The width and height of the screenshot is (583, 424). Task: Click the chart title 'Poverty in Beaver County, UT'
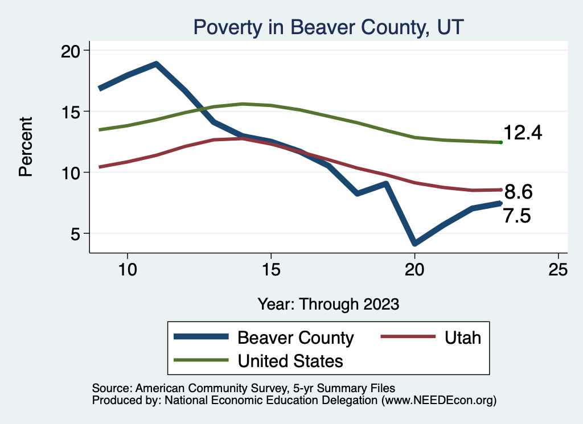tap(329, 27)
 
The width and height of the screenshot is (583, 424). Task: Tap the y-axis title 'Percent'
tap(26, 147)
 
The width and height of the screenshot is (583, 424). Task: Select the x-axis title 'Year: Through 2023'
tap(329, 303)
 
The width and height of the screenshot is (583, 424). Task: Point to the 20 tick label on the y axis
tap(71, 51)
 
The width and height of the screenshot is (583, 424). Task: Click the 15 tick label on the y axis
tap(71, 112)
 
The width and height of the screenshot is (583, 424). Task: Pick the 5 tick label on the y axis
tap(77, 233)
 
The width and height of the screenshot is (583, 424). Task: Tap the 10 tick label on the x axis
tap(127, 270)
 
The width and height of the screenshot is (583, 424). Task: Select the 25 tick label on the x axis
tap(558, 270)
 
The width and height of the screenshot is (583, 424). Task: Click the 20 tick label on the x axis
tap(414, 270)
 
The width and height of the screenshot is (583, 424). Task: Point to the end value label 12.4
tap(523, 133)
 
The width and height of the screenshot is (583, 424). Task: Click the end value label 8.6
tap(518, 192)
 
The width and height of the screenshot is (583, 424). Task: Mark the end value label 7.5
tap(517, 216)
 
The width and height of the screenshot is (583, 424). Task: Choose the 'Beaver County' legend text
tap(295, 337)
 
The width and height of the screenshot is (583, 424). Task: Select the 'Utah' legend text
tap(463, 337)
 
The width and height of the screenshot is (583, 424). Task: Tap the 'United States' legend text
tap(290, 360)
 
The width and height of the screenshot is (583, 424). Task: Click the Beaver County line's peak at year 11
tap(155, 64)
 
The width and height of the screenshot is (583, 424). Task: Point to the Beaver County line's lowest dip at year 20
tap(414, 244)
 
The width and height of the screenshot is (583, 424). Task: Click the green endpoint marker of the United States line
tap(500, 142)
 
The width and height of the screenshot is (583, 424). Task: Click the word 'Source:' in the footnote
tap(112, 388)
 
